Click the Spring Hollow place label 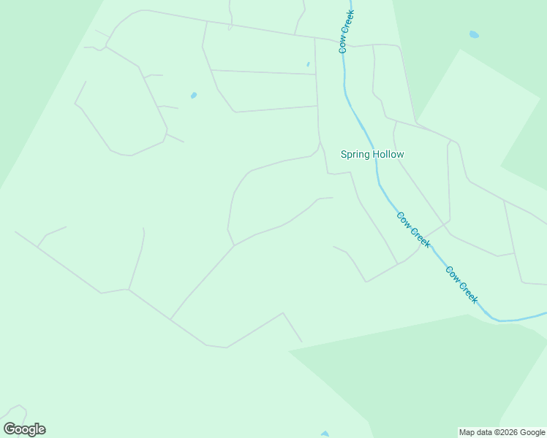click(x=372, y=154)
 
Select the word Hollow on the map click(x=388, y=154)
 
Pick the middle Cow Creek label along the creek click(x=413, y=230)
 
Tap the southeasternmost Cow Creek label click(x=461, y=285)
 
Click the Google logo click(x=24, y=429)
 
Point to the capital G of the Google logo click(x=10, y=429)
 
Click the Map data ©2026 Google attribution click(x=502, y=432)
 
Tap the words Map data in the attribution click(x=475, y=432)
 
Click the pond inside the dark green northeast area click(x=474, y=34)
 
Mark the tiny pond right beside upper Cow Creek click(x=308, y=64)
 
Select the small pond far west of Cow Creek click(x=194, y=95)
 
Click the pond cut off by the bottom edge click(x=325, y=434)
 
